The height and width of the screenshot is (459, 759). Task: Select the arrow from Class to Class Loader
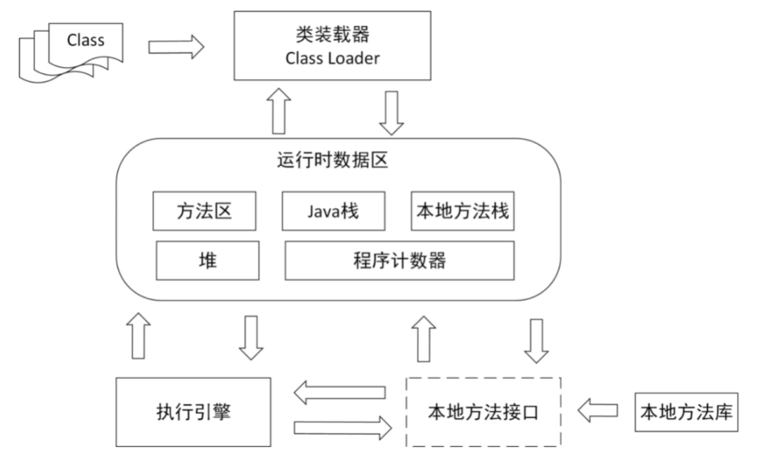coord(176,48)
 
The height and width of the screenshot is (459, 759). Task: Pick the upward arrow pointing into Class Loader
coord(280,110)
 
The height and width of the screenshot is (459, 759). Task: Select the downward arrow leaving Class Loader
coord(391,110)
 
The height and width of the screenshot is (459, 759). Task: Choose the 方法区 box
coord(203,211)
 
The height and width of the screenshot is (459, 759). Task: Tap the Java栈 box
coord(333,211)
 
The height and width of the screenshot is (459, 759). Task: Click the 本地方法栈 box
coord(462,211)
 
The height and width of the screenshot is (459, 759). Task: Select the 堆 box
coord(207,260)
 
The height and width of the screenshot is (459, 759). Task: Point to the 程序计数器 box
coord(398,260)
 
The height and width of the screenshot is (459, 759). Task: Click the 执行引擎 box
coord(193,411)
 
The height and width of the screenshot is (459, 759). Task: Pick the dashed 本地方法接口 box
coord(483,411)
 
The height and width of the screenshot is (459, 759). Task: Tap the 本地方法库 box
coord(685,411)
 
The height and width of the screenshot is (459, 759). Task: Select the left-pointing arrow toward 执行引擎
coord(339,393)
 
